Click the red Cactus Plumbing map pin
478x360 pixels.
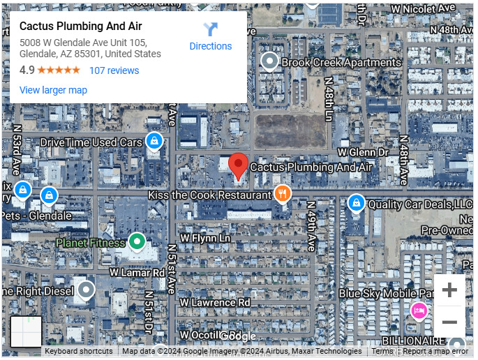(239, 165)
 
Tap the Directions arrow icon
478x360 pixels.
(210, 29)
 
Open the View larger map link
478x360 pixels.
(53, 90)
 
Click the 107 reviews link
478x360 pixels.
(114, 70)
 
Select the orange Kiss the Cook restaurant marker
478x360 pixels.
(282, 194)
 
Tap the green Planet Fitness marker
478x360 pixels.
(137, 242)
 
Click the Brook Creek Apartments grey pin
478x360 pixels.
(269, 62)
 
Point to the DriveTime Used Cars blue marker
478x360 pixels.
(154, 142)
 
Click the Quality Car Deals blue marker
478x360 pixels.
(356, 203)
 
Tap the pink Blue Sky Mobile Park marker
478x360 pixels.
(419, 310)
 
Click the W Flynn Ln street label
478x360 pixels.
(205, 238)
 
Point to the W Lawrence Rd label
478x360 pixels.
(215, 303)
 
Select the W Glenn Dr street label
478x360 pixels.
(362, 151)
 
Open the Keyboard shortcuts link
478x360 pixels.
(78, 352)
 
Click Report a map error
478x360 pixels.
(435, 352)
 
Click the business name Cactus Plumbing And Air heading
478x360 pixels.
(80, 27)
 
